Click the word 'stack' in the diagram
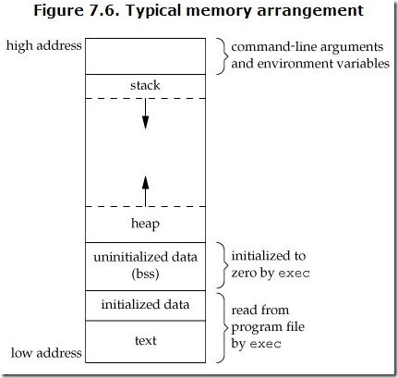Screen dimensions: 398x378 coord(145,85)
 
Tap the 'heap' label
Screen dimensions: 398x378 coord(145,224)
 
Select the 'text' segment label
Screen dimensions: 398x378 coord(146,340)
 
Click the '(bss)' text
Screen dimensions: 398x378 coord(145,274)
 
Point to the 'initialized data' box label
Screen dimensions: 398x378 coord(145,304)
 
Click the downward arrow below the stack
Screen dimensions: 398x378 coord(145,114)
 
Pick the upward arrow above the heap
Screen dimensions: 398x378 coord(145,191)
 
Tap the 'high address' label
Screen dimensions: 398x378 coord(44,45)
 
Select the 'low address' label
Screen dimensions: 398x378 coord(46,353)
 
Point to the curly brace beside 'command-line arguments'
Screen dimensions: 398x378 coord(223,56)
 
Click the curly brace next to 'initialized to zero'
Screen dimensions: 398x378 coord(223,265)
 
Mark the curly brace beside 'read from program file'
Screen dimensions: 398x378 coord(223,328)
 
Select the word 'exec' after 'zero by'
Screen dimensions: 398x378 coord(294,274)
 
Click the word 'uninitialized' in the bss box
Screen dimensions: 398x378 coord(127,257)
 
